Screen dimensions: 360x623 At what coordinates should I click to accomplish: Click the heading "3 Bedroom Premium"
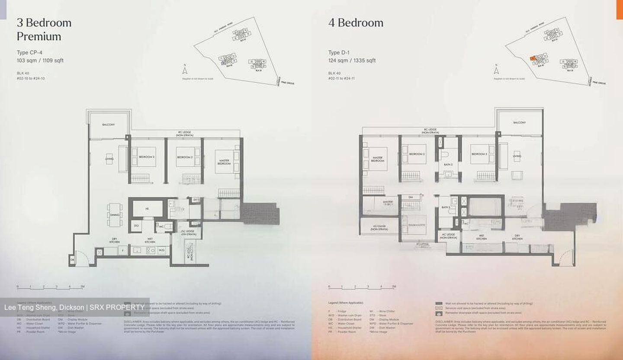(x=44, y=29)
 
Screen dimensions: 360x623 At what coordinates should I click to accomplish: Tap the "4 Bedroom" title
(x=356, y=22)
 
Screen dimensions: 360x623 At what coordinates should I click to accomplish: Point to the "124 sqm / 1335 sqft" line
(x=352, y=61)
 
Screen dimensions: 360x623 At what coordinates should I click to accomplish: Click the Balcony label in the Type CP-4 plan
(x=109, y=125)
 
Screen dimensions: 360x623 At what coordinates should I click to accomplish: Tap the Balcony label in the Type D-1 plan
(x=519, y=123)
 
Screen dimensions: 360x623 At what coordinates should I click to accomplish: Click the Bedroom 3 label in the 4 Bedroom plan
(x=479, y=154)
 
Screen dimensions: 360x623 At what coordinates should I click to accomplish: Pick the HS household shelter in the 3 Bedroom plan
(x=147, y=209)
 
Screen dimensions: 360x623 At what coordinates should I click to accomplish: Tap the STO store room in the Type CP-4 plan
(x=136, y=225)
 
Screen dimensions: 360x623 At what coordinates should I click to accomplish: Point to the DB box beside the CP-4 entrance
(x=72, y=260)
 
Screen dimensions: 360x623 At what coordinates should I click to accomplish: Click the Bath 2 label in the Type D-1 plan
(x=448, y=164)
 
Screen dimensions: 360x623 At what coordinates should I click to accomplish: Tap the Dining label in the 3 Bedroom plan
(x=115, y=215)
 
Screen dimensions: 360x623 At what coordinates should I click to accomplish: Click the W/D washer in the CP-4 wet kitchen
(x=162, y=250)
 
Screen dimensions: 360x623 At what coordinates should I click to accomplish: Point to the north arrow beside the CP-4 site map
(x=185, y=70)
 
